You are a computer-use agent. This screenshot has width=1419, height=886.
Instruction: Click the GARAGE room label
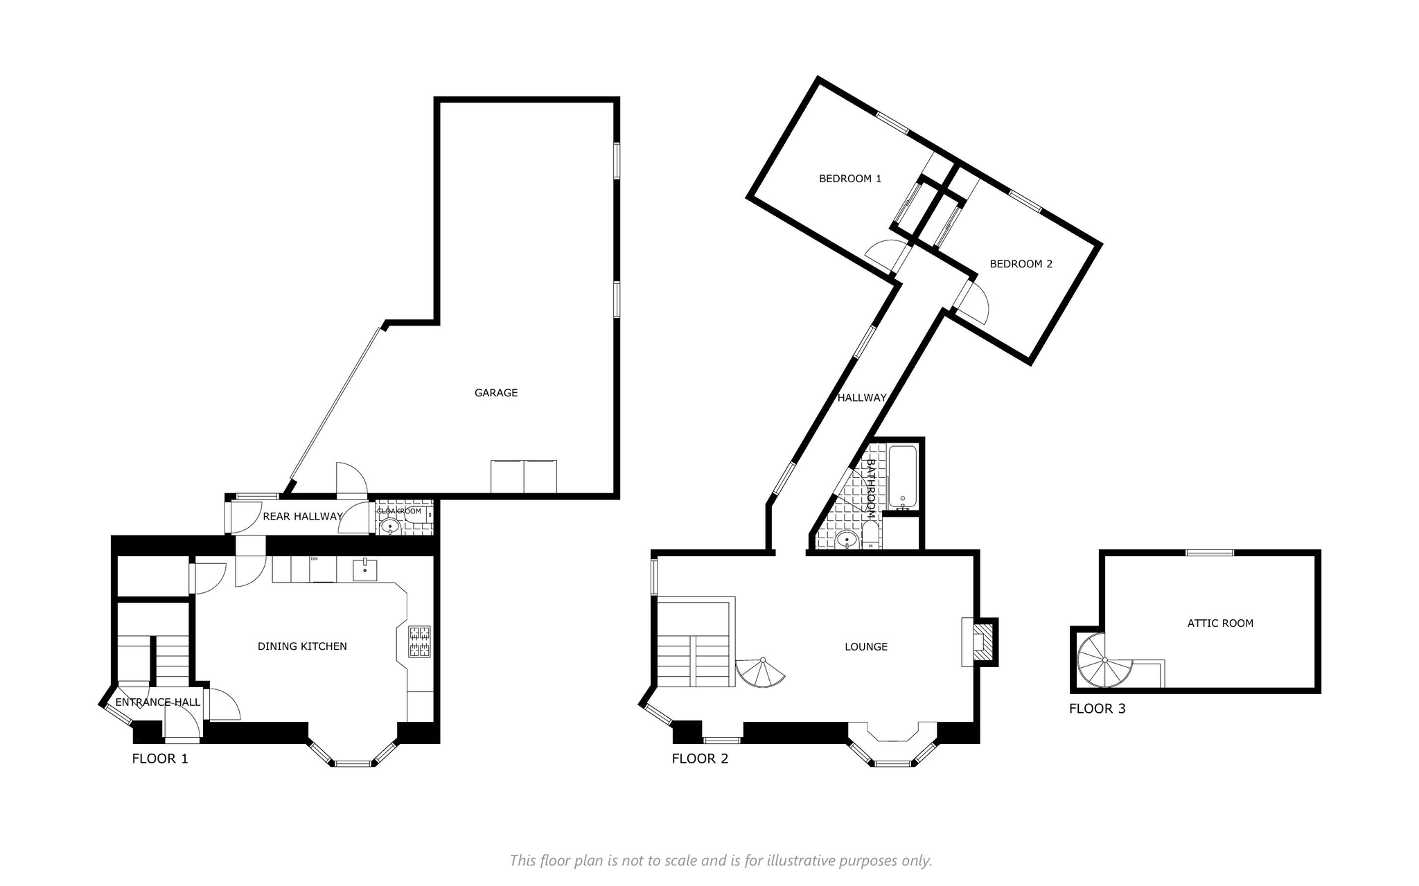pyautogui.click(x=496, y=393)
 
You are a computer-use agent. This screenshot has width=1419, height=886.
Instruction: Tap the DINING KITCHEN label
pyautogui.click(x=302, y=646)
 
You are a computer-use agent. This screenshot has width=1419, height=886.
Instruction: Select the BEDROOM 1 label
pyautogui.click(x=850, y=179)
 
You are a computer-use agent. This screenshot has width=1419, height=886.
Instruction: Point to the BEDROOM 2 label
pyautogui.click(x=1021, y=264)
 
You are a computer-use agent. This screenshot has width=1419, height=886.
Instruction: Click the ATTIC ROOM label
pyautogui.click(x=1220, y=623)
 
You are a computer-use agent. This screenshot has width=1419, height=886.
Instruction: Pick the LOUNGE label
pyautogui.click(x=866, y=647)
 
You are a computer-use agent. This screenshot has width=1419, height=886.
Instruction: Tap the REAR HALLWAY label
pyautogui.click(x=303, y=516)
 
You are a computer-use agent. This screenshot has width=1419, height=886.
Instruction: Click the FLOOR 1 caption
pyautogui.click(x=160, y=759)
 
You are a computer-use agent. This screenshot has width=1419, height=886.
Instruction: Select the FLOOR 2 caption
pyautogui.click(x=700, y=759)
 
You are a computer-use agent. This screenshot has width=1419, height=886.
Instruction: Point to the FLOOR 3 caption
pyautogui.click(x=1098, y=709)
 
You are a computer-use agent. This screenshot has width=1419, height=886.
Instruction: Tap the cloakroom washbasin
pyautogui.click(x=391, y=526)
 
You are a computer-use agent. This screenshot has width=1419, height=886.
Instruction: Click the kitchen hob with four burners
pyautogui.click(x=419, y=641)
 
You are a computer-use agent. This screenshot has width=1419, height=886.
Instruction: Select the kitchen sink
pyautogui.click(x=365, y=571)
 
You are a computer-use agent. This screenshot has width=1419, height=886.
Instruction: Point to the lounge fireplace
pyautogui.click(x=979, y=642)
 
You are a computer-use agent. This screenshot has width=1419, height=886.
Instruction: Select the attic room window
pyautogui.click(x=1209, y=553)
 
